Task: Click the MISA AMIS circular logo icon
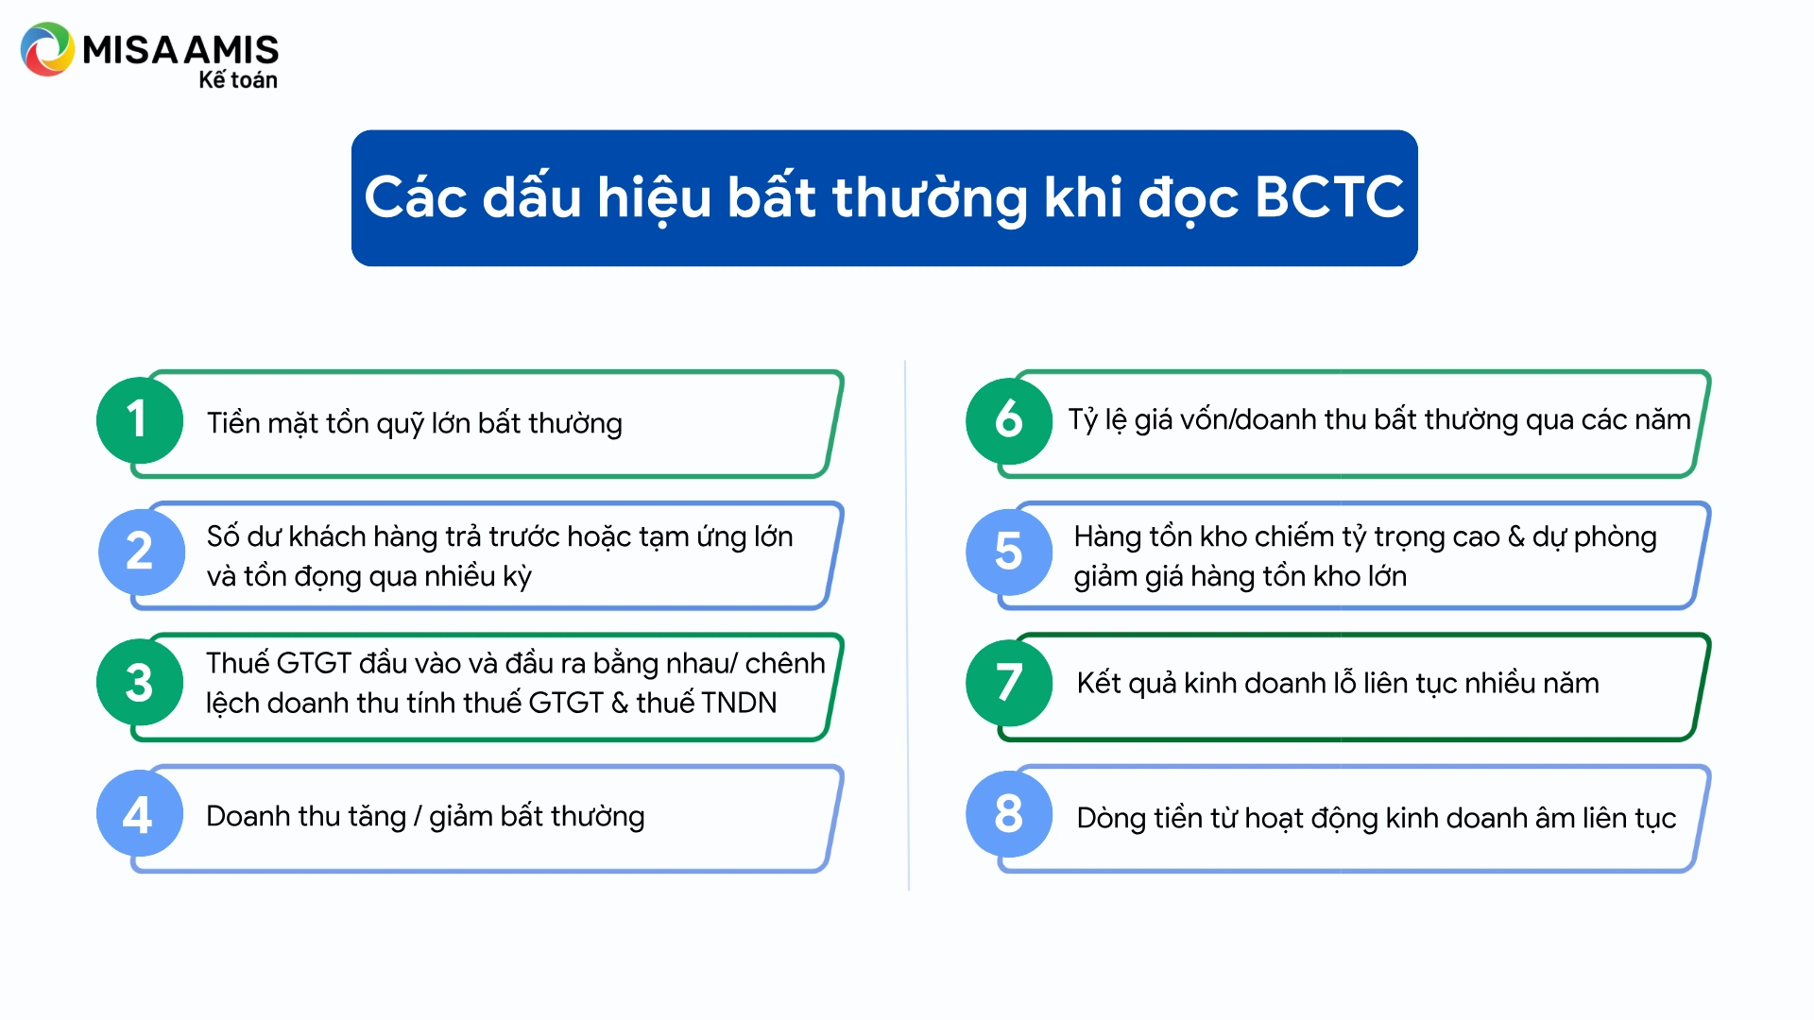click(x=47, y=49)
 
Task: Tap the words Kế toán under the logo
click(x=238, y=79)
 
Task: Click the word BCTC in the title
click(x=1329, y=197)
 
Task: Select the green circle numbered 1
click(x=140, y=419)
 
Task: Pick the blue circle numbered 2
click(x=141, y=552)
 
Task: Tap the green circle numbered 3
click(x=140, y=683)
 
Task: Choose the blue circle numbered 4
click(x=140, y=814)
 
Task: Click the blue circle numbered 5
click(x=1009, y=552)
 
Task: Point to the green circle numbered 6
click(x=1009, y=419)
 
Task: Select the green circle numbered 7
click(x=1009, y=683)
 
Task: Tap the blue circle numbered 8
click(x=1009, y=814)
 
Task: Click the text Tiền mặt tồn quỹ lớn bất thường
click(x=415, y=424)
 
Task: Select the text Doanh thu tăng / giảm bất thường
click(x=425, y=817)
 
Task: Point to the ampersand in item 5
click(x=1515, y=537)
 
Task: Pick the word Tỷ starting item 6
click(x=1083, y=420)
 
